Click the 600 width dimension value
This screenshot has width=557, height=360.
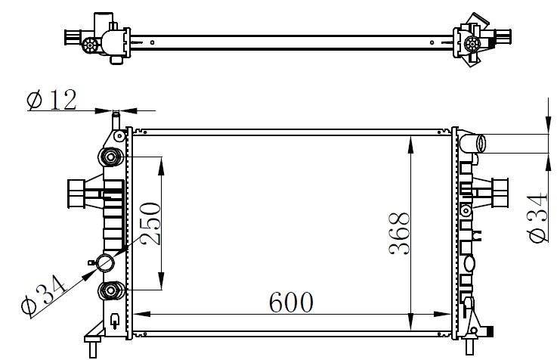point(291,303)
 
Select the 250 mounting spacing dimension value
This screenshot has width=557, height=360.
point(150,223)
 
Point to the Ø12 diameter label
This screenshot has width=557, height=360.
point(52,100)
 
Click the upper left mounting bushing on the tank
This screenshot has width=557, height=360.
point(110,157)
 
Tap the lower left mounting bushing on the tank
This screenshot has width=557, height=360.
point(110,290)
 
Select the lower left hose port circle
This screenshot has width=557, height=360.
point(106,263)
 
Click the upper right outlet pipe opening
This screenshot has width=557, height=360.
point(481,144)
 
